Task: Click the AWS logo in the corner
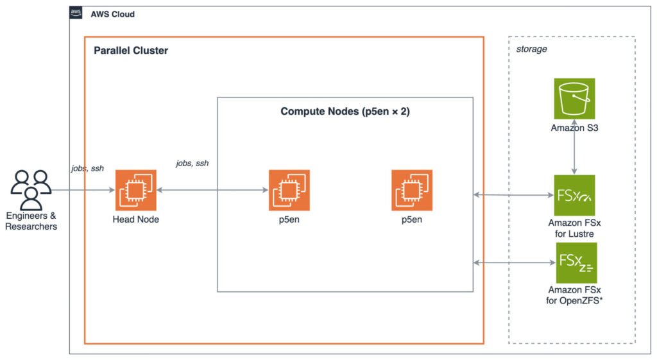pyautogui.click(x=76, y=13)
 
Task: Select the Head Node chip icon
pyautogui.click(x=136, y=191)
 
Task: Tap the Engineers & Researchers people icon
pyautogui.click(x=31, y=190)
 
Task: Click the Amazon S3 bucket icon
pyautogui.click(x=574, y=99)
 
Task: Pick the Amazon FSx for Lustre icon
pyautogui.click(x=574, y=195)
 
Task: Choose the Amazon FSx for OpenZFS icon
pyautogui.click(x=576, y=262)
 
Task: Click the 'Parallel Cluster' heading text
pyautogui.click(x=131, y=51)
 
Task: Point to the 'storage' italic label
pyautogui.click(x=531, y=49)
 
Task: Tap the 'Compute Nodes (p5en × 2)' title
pyautogui.click(x=345, y=112)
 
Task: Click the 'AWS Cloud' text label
pyautogui.click(x=113, y=14)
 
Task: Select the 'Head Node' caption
pyautogui.click(x=136, y=219)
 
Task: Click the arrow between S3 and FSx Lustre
pyautogui.click(x=574, y=147)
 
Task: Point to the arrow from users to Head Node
pyautogui.click(x=83, y=191)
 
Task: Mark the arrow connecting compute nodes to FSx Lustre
pyautogui.click(x=514, y=195)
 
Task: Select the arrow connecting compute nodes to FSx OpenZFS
pyautogui.click(x=515, y=262)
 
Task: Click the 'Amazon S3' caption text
pyautogui.click(x=574, y=128)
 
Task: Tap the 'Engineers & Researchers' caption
pyautogui.click(x=31, y=221)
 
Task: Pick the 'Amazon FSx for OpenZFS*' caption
pyautogui.click(x=574, y=295)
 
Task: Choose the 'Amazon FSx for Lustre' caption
pyautogui.click(x=574, y=228)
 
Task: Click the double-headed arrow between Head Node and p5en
pyautogui.click(x=212, y=191)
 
